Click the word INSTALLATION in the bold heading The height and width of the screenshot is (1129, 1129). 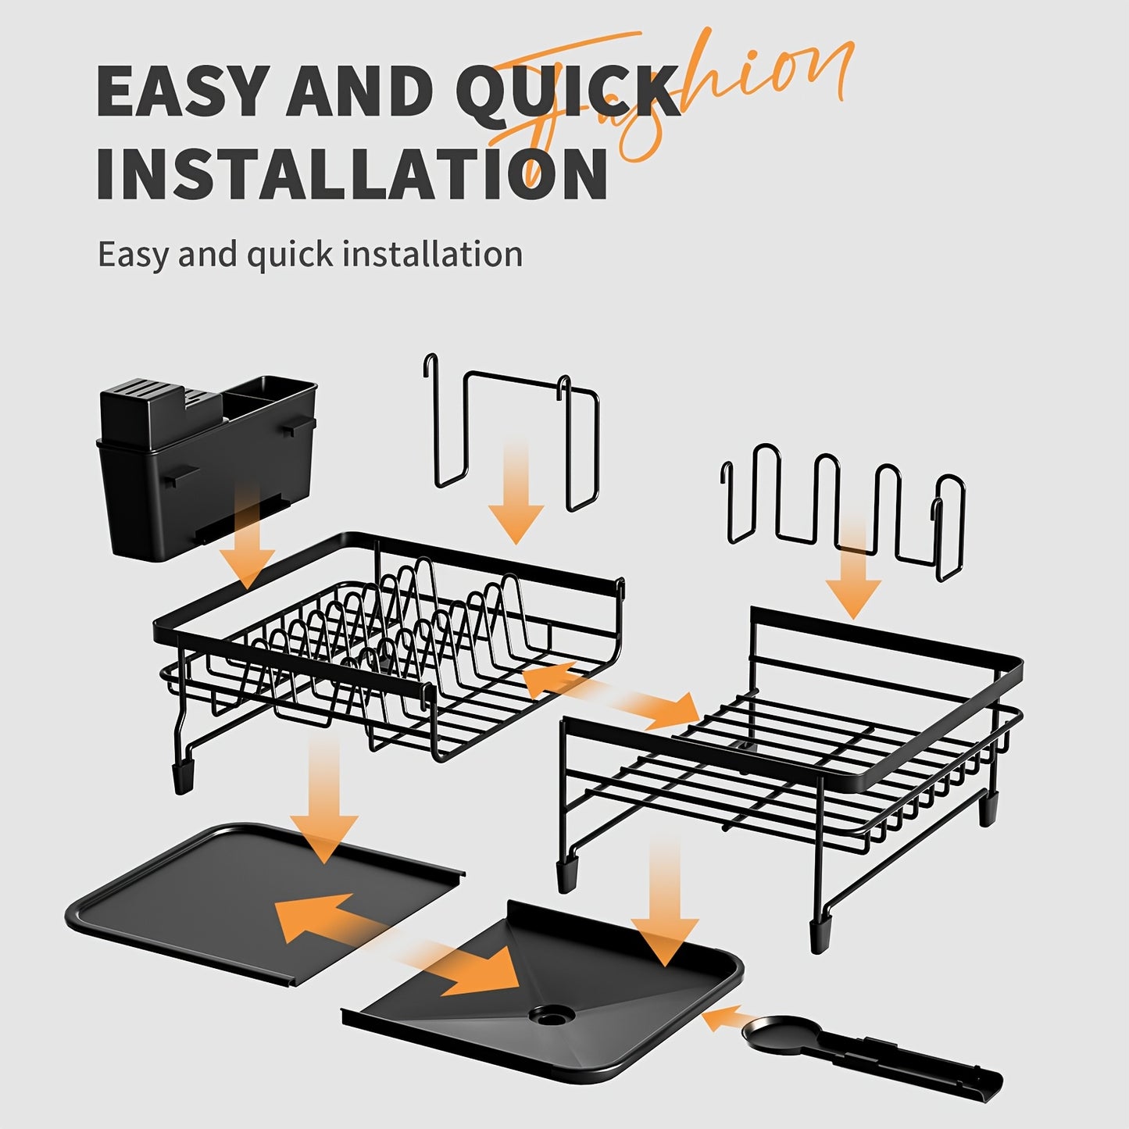(x=352, y=173)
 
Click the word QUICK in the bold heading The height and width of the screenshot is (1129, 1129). (x=568, y=92)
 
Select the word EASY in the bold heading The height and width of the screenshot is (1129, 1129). (x=183, y=92)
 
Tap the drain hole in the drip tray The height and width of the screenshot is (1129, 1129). (x=551, y=1015)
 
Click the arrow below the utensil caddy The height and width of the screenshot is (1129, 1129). (x=248, y=539)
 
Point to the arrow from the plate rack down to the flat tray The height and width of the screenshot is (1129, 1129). (x=323, y=801)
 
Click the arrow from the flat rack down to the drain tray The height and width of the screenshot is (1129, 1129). (x=664, y=899)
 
